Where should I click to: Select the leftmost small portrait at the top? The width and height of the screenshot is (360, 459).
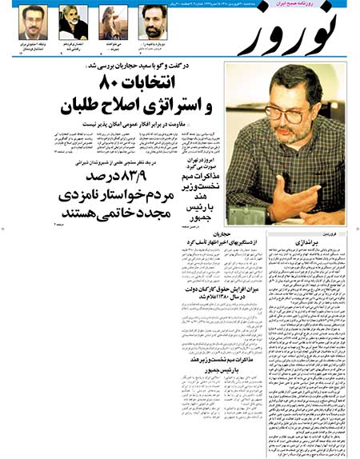click(32, 21)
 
